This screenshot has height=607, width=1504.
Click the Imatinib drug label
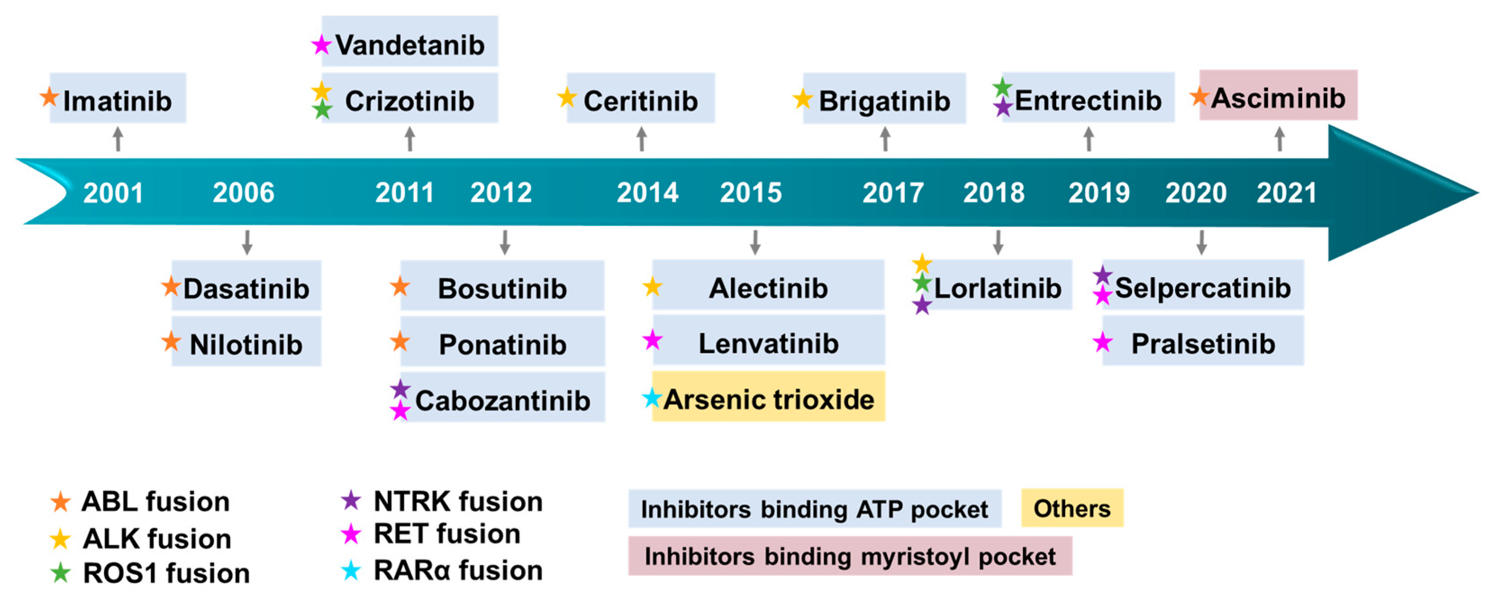click(x=117, y=100)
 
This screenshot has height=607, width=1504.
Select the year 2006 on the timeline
click(x=243, y=192)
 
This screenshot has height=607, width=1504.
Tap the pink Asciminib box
click(x=1278, y=95)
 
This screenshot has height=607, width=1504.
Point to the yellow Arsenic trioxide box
click(x=768, y=396)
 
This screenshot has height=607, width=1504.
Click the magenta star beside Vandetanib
click(x=321, y=44)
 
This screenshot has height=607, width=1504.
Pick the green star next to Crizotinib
click(x=322, y=109)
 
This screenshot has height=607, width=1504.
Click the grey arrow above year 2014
click(x=642, y=139)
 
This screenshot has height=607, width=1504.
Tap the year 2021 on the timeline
click(x=1286, y=192)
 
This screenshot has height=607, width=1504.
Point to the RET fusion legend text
click(x=447, y=534)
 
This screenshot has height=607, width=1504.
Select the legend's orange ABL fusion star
click(x=60, y=502)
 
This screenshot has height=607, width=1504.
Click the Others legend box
click(x=1072, y=508)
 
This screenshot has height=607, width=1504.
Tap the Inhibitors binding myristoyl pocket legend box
click(x=850, y=556)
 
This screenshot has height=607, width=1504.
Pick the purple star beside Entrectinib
click(x=1003, y=107)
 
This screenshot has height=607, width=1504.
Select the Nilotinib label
click(x=246, y=344)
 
